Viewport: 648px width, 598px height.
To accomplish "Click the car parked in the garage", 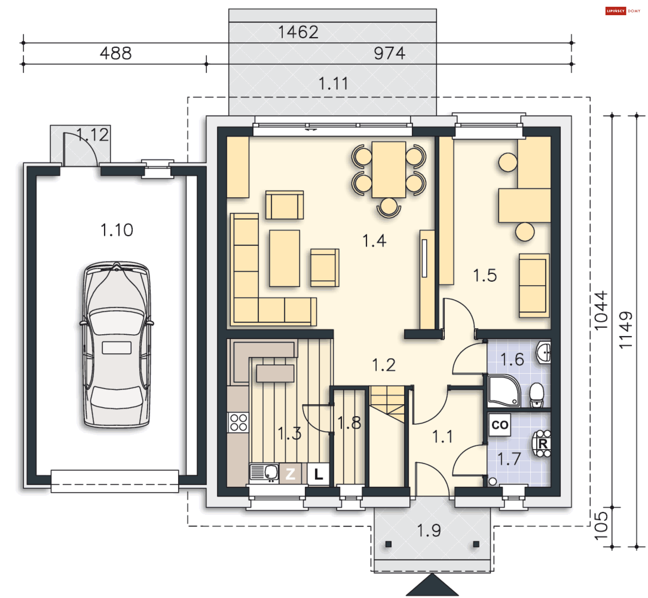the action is pos(116,344).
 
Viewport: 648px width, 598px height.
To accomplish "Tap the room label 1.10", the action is pos(117,230).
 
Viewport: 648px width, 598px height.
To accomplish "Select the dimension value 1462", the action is pos(298,32).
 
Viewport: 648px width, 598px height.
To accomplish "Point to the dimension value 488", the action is pos(116,53).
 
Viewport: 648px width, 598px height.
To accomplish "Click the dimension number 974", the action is pos(389,53).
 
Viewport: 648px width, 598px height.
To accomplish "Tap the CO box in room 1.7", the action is pos(500,425).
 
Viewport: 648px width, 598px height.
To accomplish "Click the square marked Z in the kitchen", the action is pos(290,474).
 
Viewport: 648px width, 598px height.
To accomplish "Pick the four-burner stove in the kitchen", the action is pos(238,422).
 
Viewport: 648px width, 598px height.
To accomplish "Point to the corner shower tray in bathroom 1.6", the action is pos(504,391).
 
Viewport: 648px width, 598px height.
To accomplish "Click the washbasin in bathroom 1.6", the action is pos(544,353).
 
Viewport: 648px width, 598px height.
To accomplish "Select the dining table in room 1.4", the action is pos(389,170).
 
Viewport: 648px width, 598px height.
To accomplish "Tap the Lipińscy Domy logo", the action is pos(623,11).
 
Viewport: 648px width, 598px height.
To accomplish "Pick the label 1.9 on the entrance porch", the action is pos(429,530).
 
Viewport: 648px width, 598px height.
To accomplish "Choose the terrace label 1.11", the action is pos(333,83).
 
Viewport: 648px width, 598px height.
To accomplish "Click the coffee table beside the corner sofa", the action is pos(285,258).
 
